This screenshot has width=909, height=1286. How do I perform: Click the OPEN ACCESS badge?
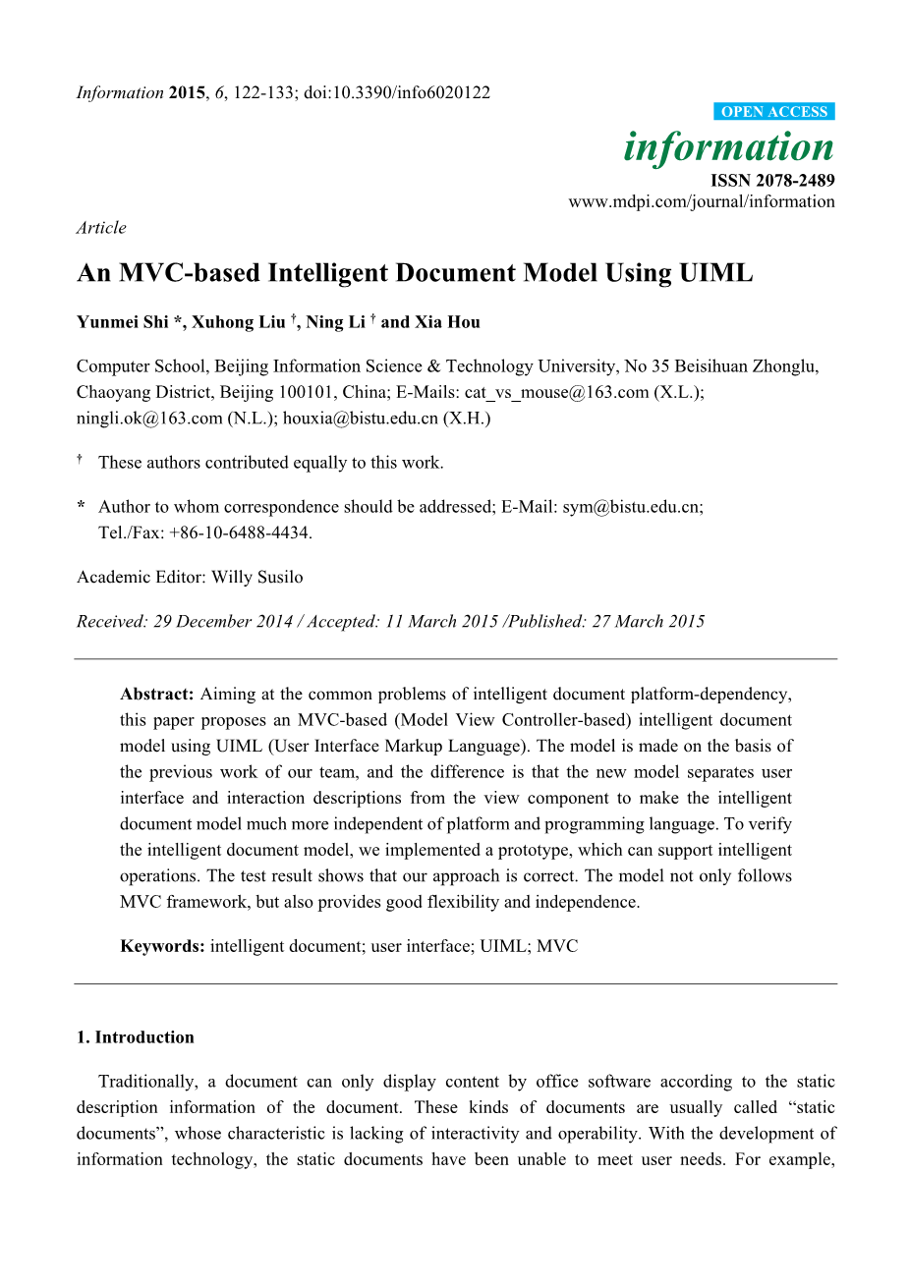[774, 112]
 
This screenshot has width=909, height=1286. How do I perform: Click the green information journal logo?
[728, 147]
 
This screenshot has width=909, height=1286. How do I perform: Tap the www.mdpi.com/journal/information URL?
[702, 201]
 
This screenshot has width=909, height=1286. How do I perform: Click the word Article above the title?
[101, 228]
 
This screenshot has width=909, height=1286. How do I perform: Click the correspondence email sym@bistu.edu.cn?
[631, 507]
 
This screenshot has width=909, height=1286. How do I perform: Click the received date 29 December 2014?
[223, 621]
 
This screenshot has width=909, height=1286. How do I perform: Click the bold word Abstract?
[157, 695]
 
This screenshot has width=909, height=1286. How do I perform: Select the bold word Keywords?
[162, 946]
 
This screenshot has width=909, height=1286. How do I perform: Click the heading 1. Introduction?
[136, 1037]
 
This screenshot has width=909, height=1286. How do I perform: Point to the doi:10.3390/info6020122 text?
[397, 93]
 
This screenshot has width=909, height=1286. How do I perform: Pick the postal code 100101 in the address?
[304, 392]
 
